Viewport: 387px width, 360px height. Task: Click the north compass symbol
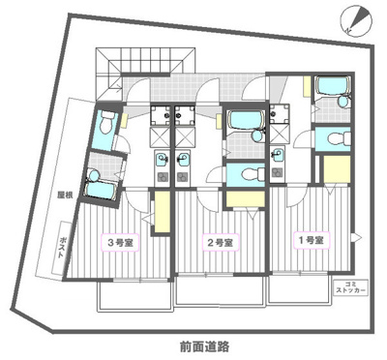coord(357,21)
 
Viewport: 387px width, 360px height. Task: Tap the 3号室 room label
coord(121,243)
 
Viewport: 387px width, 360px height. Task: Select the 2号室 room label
coord(221,243)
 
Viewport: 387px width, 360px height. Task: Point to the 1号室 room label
coord(312,240)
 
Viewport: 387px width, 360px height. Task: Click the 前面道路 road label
coord(204,346)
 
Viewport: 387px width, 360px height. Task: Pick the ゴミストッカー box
coord(350,287)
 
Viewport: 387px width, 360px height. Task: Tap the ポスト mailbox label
coord(62,248)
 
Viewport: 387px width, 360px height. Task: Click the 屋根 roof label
coord(65,195)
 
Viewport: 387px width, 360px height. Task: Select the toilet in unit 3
coord(105,123)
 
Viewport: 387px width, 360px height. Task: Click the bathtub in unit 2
coord(246,121)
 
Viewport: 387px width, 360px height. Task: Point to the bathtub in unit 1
coord(333,86)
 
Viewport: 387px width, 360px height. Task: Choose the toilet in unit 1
coord(339,139)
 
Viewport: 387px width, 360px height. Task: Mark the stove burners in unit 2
coord(183,177)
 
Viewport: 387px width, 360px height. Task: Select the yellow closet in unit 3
coord(163,212)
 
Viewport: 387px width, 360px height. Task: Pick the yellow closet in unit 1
coord(337,169)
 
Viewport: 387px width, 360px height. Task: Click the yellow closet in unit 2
coord(246,198)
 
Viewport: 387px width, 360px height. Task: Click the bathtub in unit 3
coord(100,190)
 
